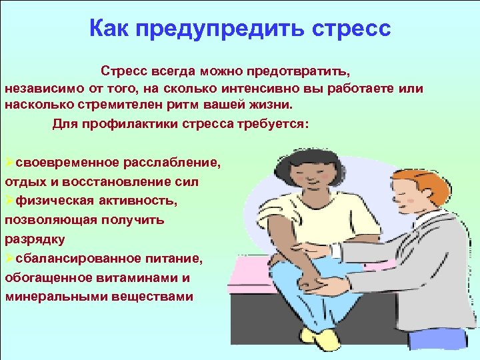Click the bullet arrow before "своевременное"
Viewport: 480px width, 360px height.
[9, 163]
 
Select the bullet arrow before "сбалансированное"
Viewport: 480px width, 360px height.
[9, 258]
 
